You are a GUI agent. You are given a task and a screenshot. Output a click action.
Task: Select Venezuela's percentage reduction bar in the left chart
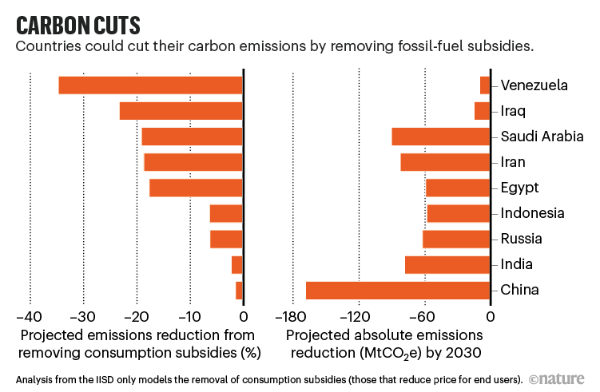click(150, 85)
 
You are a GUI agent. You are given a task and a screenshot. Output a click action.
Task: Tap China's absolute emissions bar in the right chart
click(397, 291)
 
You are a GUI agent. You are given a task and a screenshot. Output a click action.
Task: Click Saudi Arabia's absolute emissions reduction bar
click(440, 137)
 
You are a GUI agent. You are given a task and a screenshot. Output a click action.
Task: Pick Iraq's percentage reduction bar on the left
click(181, 111)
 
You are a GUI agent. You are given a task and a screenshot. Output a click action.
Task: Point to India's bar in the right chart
click(447, 265)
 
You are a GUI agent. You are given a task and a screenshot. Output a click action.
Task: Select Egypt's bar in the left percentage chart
click(196, 188)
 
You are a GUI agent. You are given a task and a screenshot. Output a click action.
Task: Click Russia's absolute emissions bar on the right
click(455, 240)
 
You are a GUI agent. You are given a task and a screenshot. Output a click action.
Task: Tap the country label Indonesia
click(532, 213)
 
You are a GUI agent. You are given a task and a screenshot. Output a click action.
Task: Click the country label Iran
click(513, 162)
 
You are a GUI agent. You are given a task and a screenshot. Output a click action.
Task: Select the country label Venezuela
click(534, 85)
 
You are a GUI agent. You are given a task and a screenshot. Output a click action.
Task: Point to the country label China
click(519, 290)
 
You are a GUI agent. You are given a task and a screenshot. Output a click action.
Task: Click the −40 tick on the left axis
click(29, 316)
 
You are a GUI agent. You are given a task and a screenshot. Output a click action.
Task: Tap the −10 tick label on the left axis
click(189, 316)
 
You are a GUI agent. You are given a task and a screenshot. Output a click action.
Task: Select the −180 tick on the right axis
click(296, 316)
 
